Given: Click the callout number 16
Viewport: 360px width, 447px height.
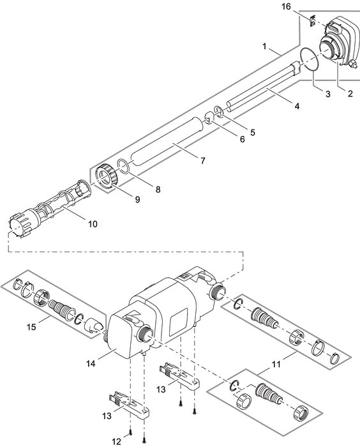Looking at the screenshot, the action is (286, 6).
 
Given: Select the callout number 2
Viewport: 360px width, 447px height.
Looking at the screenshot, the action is (350, 93).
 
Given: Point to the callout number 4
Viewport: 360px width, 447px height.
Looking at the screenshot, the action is (297, 106).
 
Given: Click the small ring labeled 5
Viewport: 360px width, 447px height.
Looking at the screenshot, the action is (218, 112).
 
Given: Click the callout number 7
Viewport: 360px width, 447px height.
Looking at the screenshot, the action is (203, 161).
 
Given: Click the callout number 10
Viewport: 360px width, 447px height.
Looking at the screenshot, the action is (93, 224).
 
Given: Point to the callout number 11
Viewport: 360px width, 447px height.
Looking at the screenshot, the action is (276, 364).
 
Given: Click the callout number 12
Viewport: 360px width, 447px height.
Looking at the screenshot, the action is (116, 442).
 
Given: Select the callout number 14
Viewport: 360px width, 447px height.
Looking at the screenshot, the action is (91, 363).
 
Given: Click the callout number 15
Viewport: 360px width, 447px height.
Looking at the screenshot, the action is (31, 327).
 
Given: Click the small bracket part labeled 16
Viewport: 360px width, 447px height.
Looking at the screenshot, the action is (312, 21).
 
